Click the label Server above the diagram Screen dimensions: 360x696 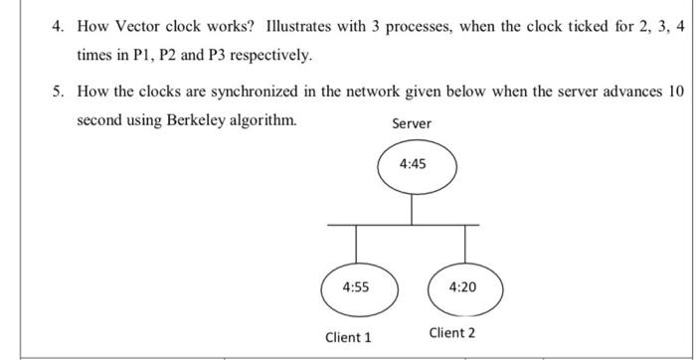(x=412, y=123)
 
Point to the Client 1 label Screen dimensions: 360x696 (x=348, y=337)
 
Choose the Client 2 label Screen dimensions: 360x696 (x=452, y=332)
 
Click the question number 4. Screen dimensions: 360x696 (x=59, y=26)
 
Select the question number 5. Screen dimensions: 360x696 (x=59, y=91)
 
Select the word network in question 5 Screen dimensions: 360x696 (x=390, y=91)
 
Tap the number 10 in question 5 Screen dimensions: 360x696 (x=676, y=91)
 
